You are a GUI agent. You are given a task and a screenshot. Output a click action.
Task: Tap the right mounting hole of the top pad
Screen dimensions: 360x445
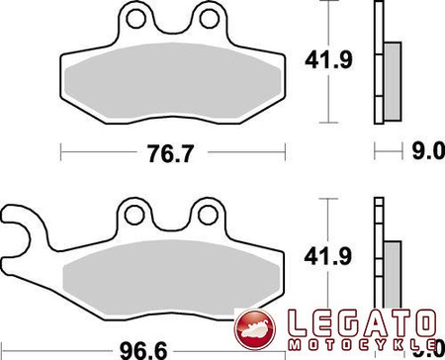pos(207,17)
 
